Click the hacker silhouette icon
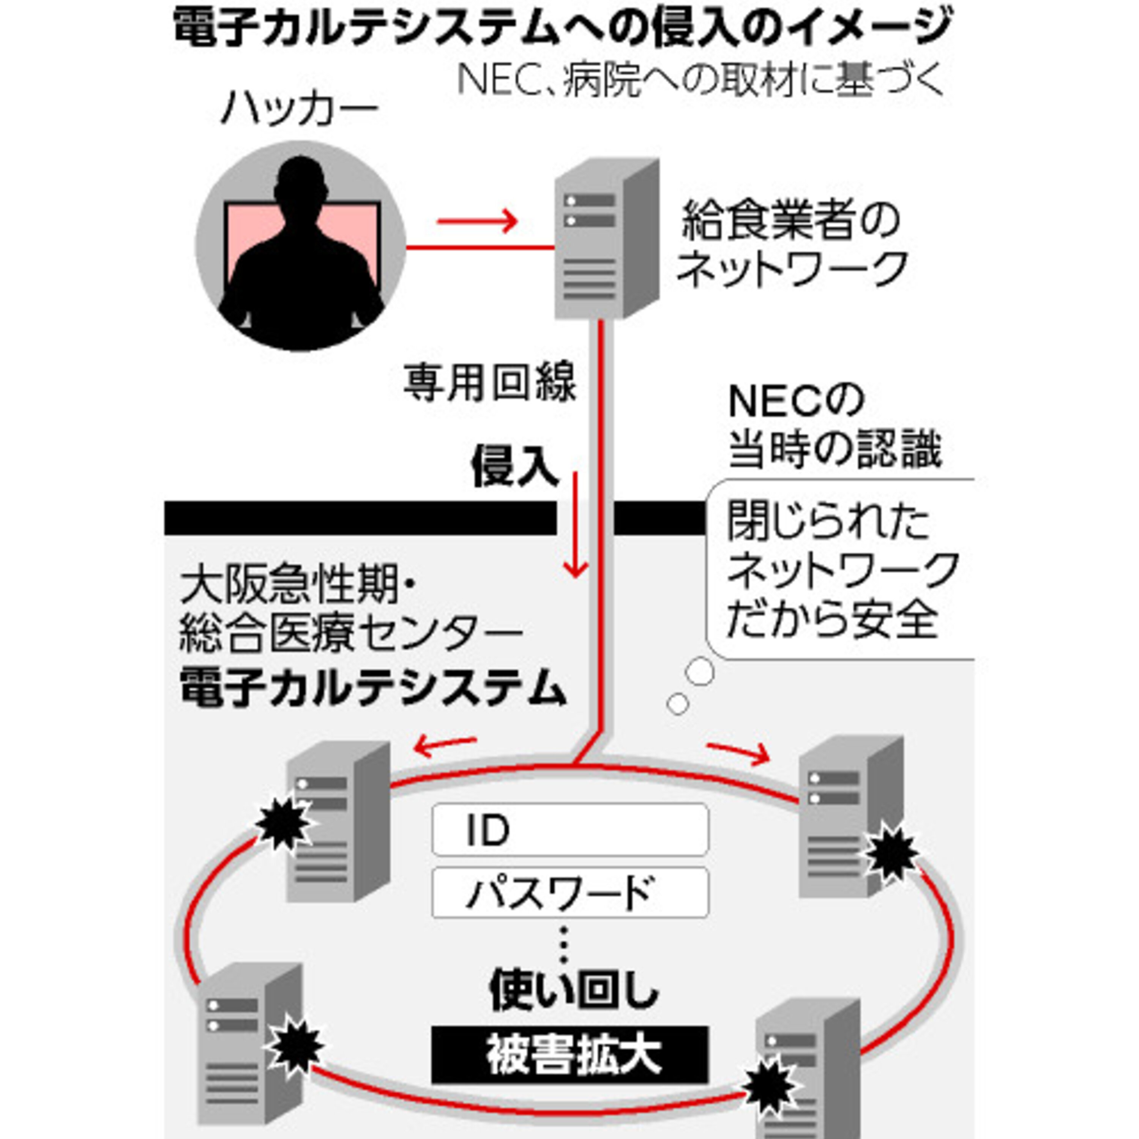tap(301, 246)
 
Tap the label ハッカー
tap(300, 109)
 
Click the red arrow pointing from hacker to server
tap(477, 222)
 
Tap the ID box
tap(570, 830)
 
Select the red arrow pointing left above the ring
tap(445, 746)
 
